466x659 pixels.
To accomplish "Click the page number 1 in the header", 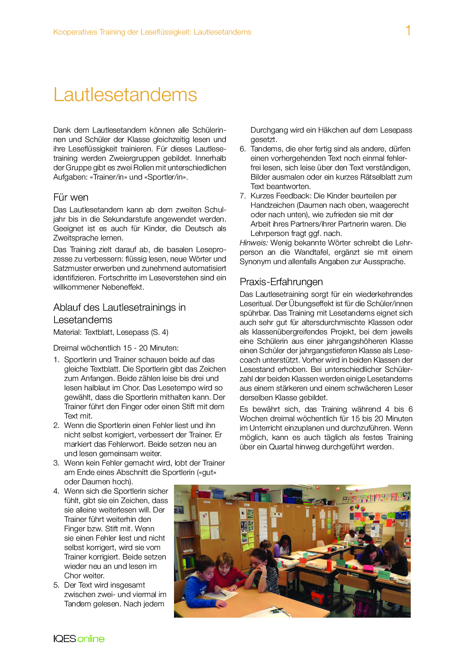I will point(408,30).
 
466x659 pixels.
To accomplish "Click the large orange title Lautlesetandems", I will point(125,94).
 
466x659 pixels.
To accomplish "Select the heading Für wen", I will point(71,197).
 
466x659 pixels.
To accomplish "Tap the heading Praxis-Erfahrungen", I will point(281,282).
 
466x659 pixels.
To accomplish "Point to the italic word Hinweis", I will point(254,243).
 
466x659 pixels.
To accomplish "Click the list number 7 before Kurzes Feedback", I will point(243,196).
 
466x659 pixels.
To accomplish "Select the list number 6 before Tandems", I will point(243,149).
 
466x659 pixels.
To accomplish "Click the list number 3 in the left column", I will point(56,463).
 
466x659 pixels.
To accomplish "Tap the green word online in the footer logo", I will point(91,639).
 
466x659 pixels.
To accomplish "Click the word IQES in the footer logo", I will point(65,639).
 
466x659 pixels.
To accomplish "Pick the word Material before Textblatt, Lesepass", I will point(67,332).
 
